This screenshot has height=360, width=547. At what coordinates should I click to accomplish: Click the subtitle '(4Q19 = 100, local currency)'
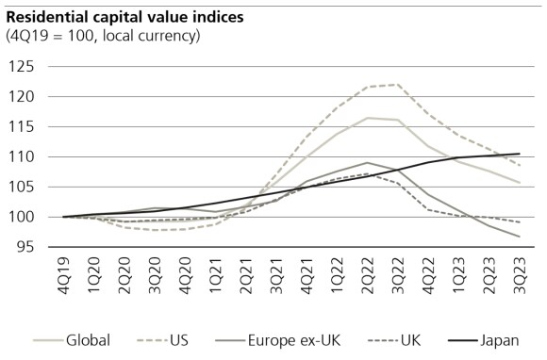pos(103,36)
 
